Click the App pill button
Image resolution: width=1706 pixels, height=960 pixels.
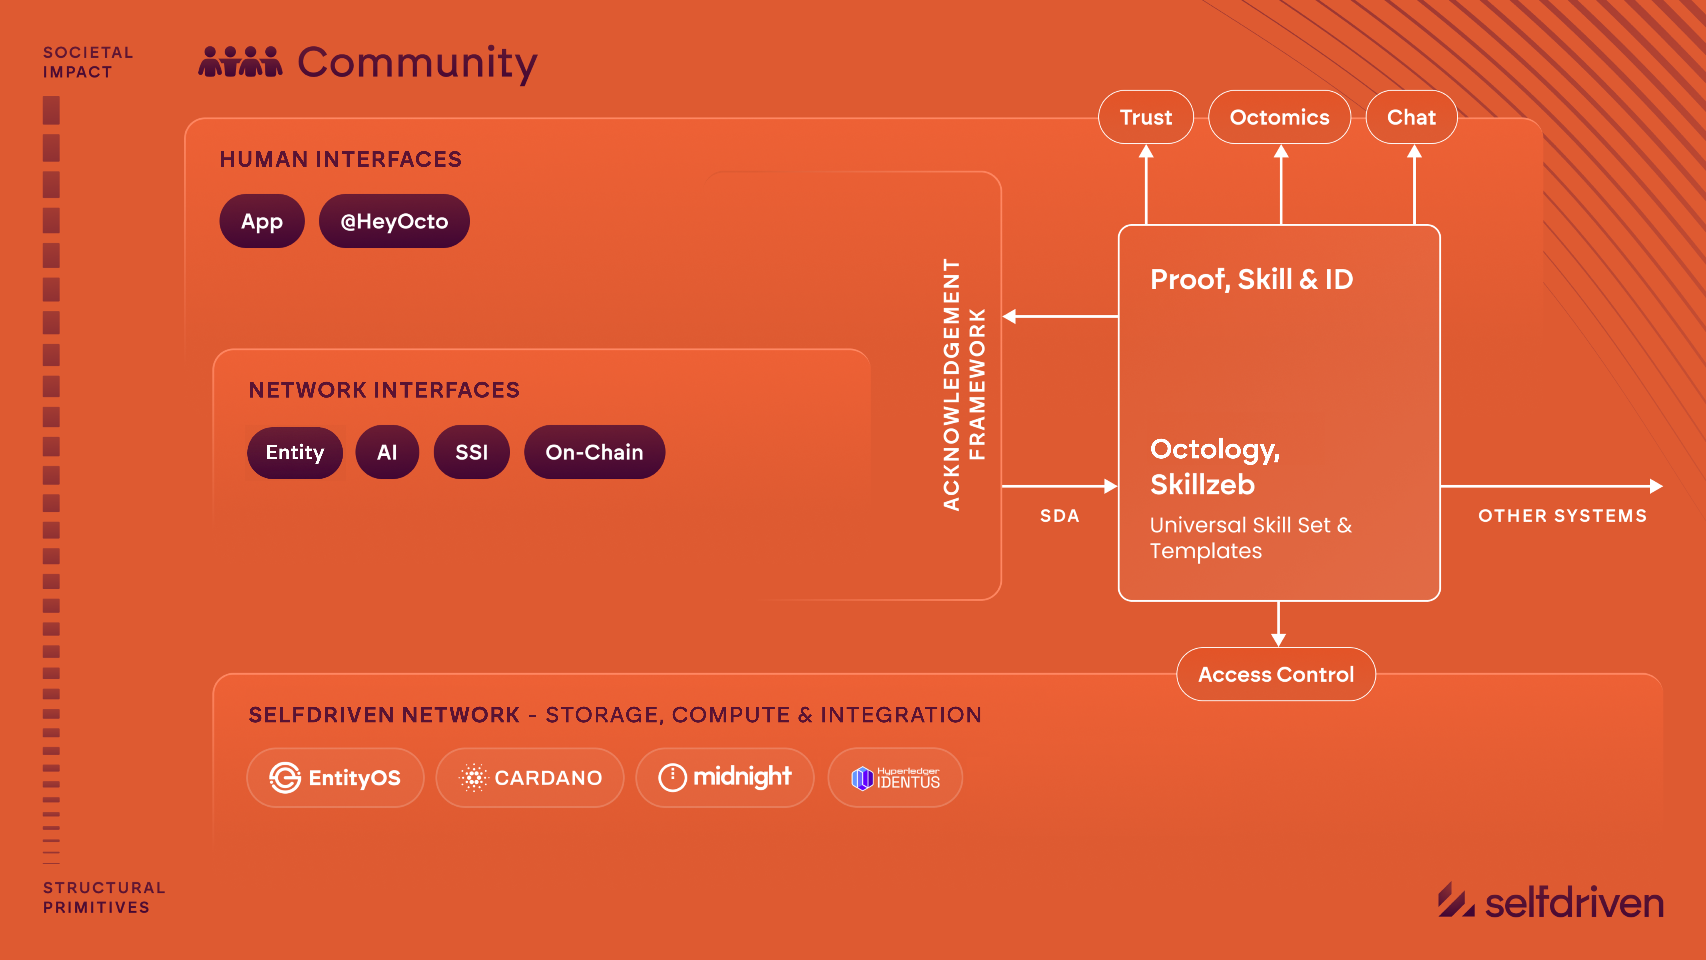pyautogui.click(x=262, y=221)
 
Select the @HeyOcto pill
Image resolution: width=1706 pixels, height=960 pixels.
pyautogui.click(x=394, y=221)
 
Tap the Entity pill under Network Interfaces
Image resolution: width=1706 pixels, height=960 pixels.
pyautogui.click(x=295, y=452)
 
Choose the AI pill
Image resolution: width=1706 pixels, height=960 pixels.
pyautogui.click(x=387, y=452)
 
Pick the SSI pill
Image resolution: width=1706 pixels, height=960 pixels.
pyautogui.click(x=472, y=452)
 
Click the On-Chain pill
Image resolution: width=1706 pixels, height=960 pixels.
pyautogui.click(x=594, y=452)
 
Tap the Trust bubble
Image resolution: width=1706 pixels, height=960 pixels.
pyautogui.click(x=1146, y=117)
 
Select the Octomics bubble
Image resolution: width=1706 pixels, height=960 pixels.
pyautogui.click(x=1279, y=117)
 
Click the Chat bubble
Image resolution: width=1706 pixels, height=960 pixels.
pyautogui.click(x=1411, y=117)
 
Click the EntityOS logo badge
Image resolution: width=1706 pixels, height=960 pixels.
pyautogui.click(x=335, y=778)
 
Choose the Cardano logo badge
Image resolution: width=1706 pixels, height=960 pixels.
pyautogui.click(x=530, y=778)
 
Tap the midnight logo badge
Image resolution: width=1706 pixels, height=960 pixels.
pyautogui.click(x=725, y=778)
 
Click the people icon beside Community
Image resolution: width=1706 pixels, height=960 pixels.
pyautogui.click(x=240, y=62)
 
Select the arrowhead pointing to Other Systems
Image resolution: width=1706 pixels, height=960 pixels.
pyautogui.click(x=1656, y=486)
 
